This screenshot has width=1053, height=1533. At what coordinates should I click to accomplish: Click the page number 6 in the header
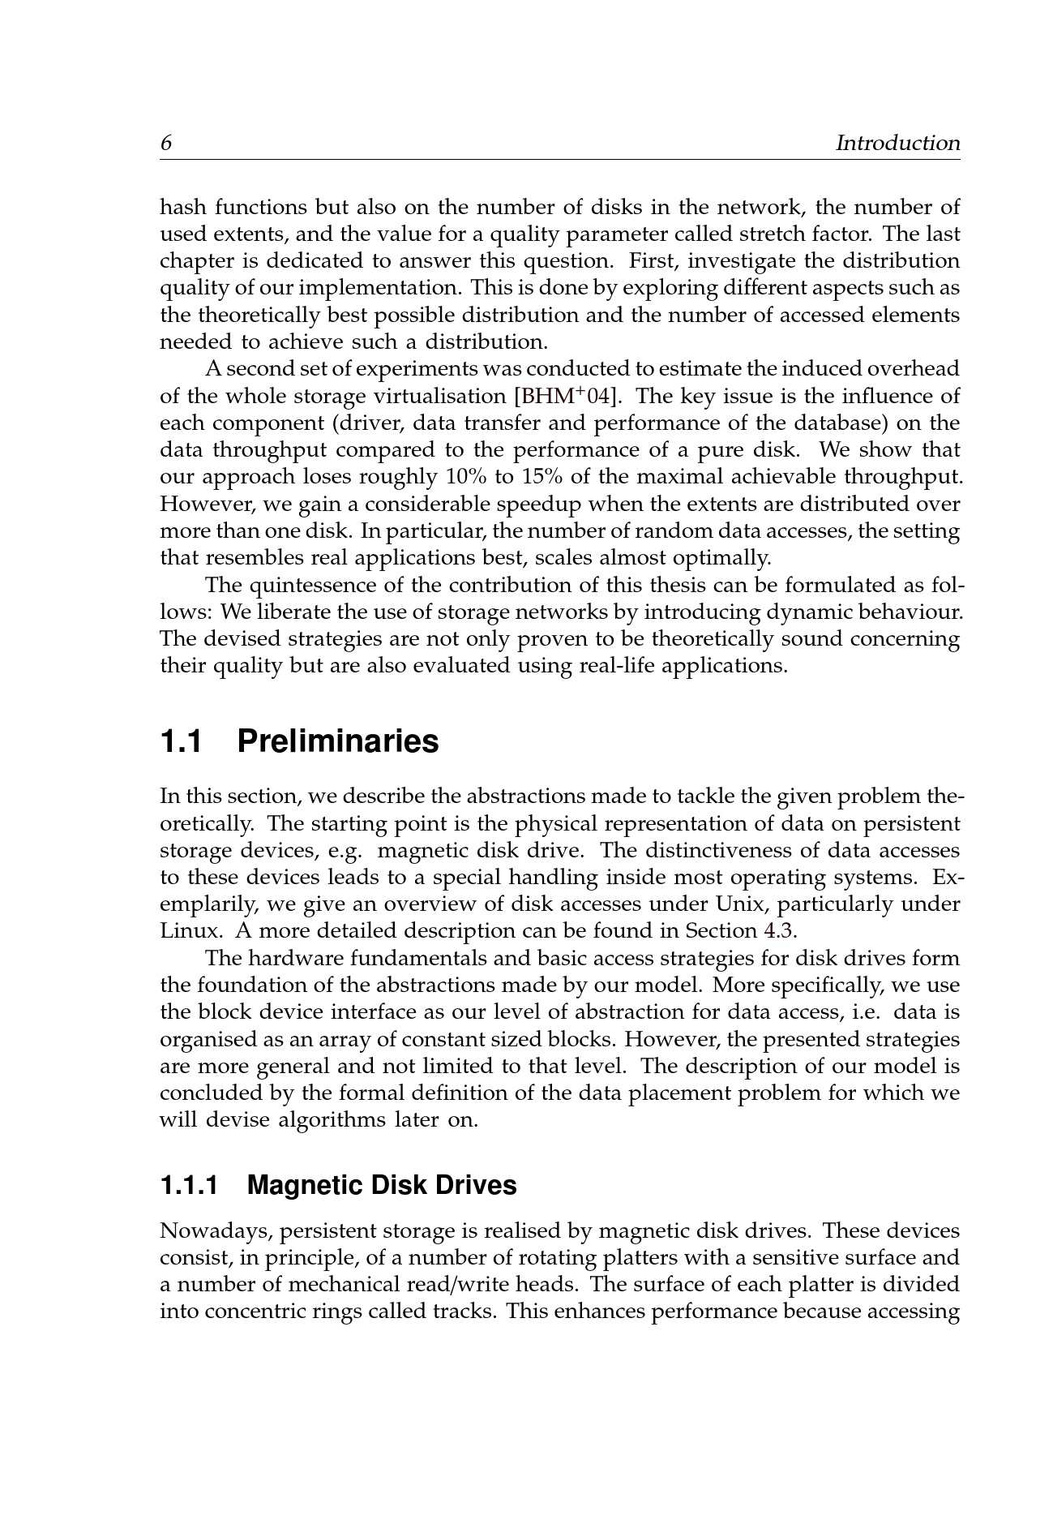166,144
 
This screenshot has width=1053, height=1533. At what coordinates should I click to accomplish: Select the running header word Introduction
897,144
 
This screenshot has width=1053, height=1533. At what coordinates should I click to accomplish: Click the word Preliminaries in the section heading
338,741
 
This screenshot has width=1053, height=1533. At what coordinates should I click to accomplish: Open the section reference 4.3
774,931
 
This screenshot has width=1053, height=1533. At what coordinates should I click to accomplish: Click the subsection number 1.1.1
189,1186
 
